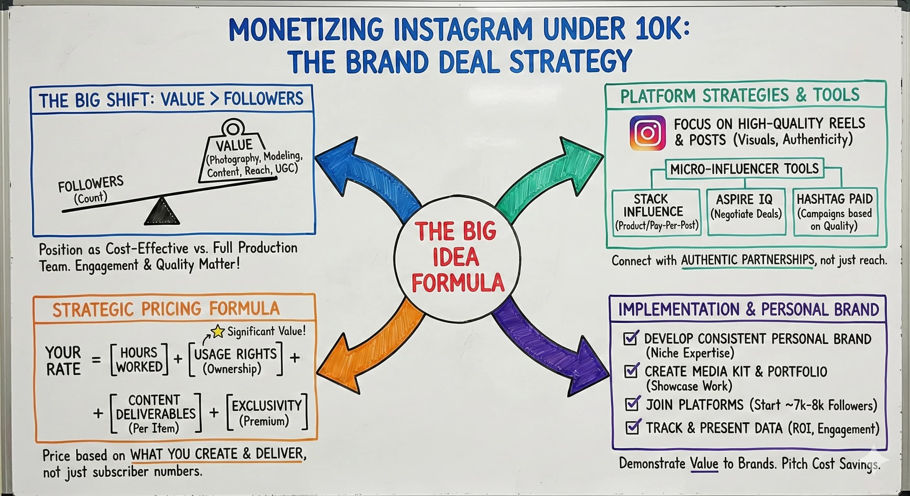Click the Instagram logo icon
click(x=647, y=133)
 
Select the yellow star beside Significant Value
click(x=217, y=331)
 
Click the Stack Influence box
click(x=656, y=212)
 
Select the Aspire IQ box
click(x=746, y=212)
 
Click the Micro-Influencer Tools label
click(x=744, y=169)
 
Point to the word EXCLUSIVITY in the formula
click(x=267, y=406)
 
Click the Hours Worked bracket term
click(x=139, y=360)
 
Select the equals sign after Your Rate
click(x=96, y=360)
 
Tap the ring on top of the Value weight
click(x=233, y=128)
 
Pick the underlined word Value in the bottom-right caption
click(x=704, y=463)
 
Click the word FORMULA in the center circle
click(x=458, y=283)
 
